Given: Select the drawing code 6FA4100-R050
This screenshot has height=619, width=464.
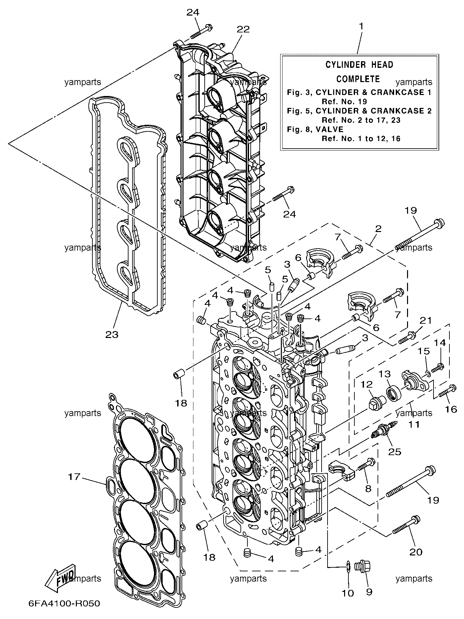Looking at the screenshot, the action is pos(64,603).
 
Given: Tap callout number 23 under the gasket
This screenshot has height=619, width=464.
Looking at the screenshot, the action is pos(112,335).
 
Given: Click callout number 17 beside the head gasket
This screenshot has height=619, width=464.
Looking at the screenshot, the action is pos(74,477).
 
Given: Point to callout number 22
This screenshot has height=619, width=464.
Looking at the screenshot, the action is pos(243,29).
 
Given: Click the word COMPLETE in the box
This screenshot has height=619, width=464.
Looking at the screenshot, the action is pos(358,79).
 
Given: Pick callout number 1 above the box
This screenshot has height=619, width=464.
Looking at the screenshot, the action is pos(361,26).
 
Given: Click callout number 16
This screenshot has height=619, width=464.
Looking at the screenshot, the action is pos(451,409).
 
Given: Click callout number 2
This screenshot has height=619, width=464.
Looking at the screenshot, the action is pos(378,228).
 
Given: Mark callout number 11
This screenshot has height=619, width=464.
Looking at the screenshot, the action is pos(414,424).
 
